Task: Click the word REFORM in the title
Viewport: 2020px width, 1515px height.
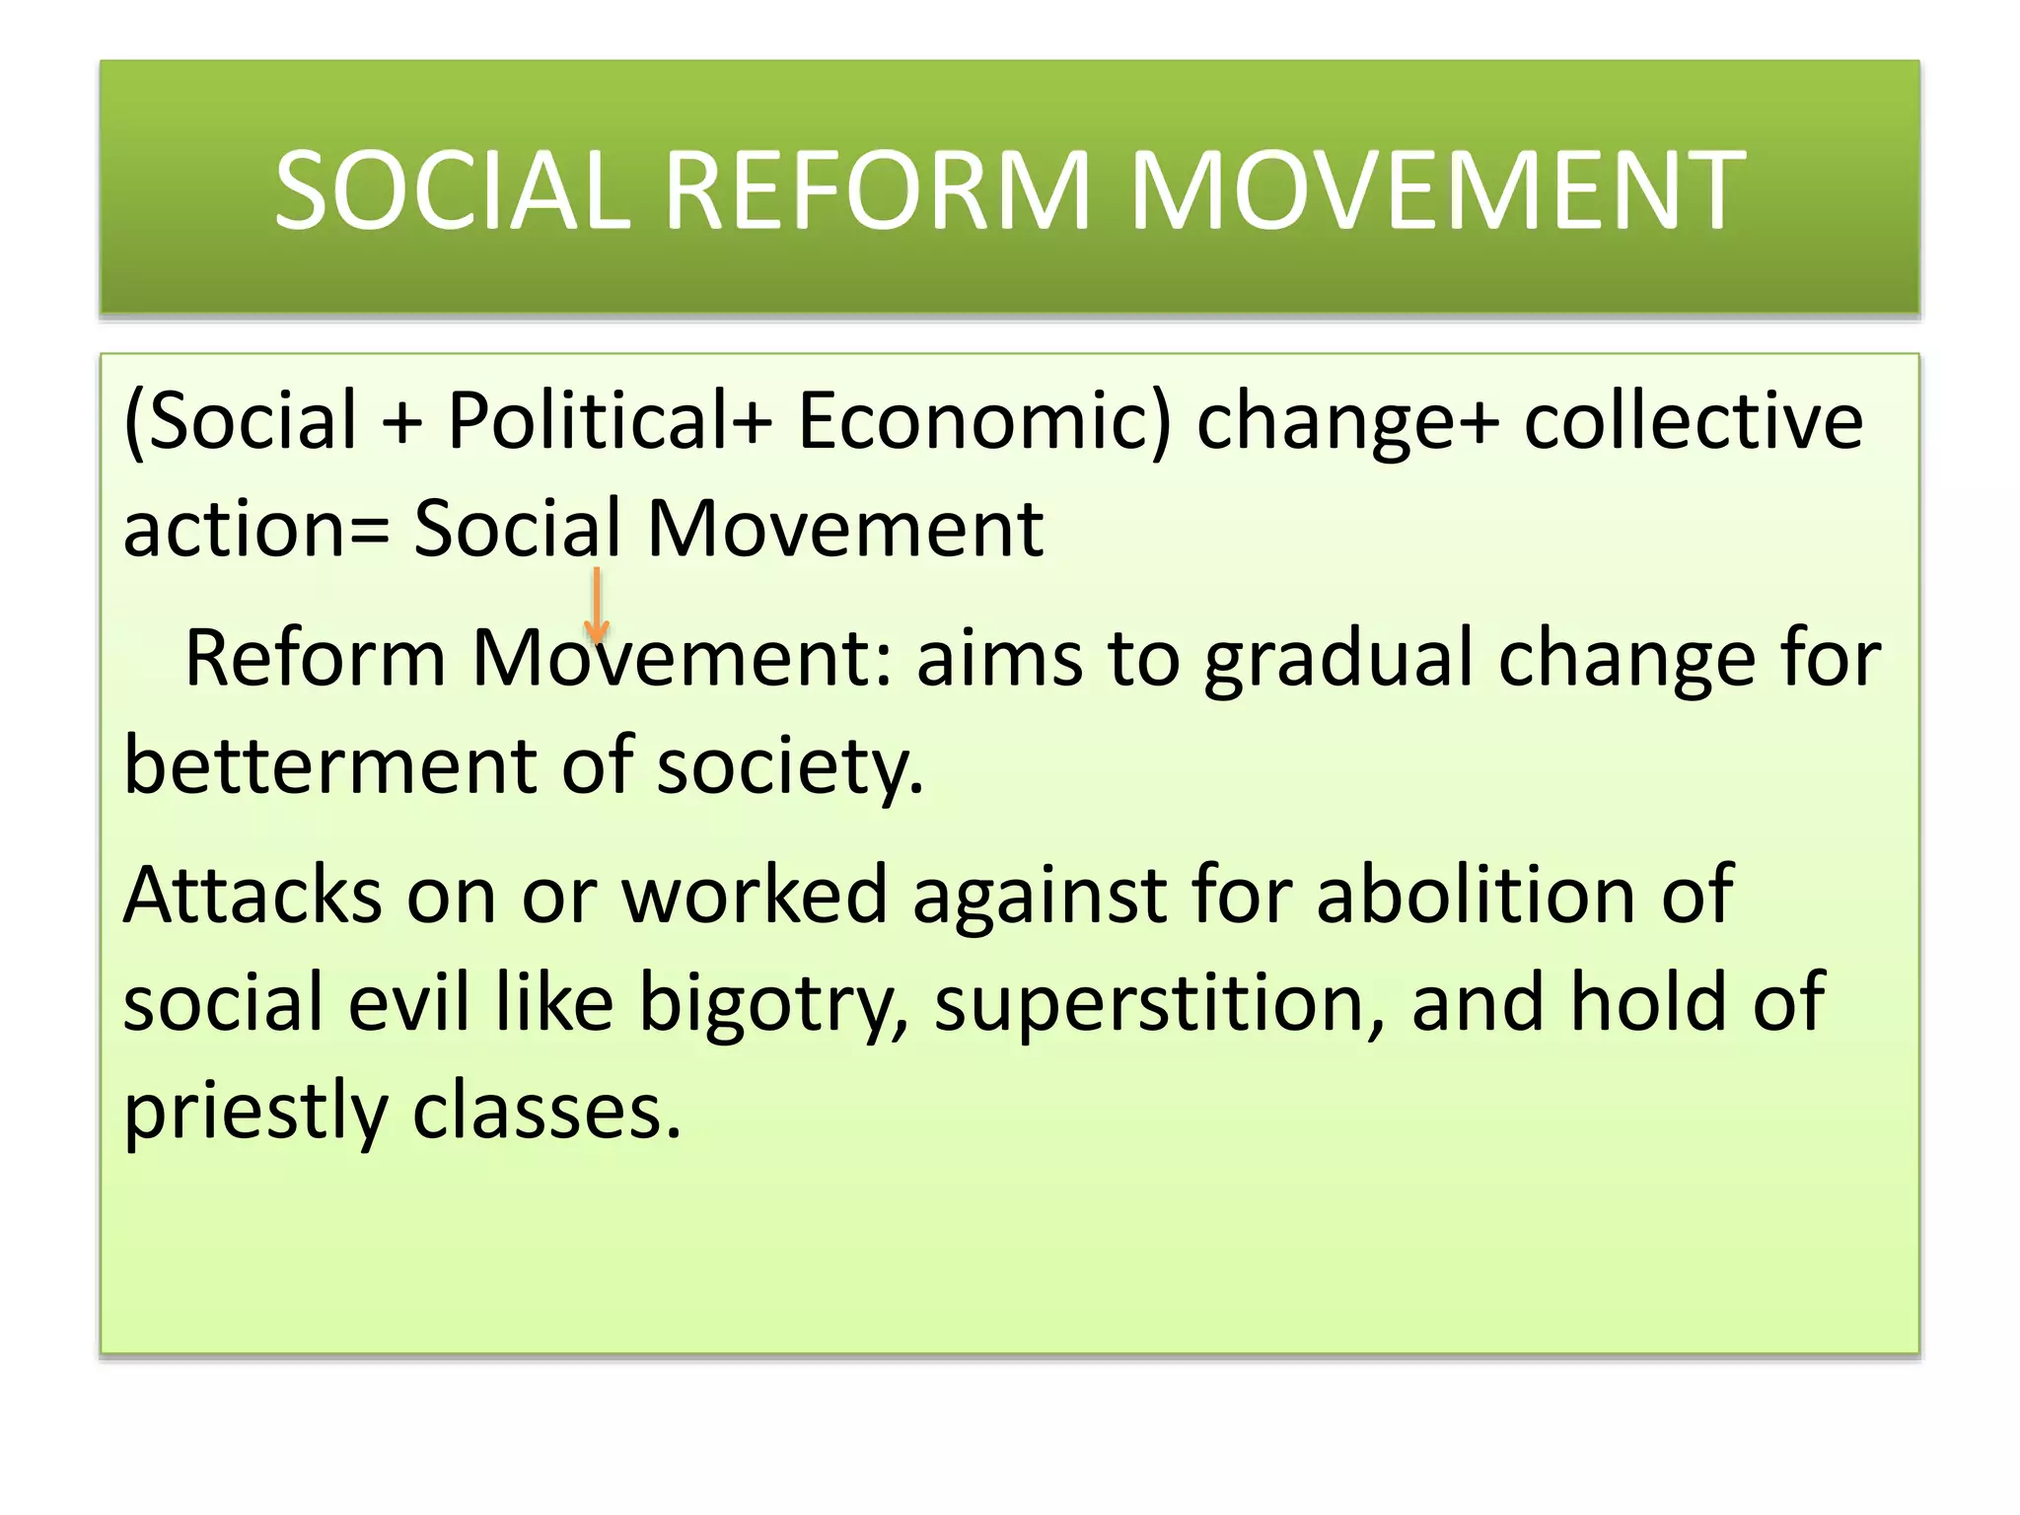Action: [x=878, y=189]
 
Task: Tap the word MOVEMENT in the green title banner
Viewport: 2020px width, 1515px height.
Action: [x=1436, y=189]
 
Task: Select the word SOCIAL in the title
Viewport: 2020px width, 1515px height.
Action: [x=452, y=189]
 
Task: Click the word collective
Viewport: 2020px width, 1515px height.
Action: [x=1693, y=421]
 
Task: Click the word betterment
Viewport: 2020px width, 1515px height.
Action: [x=330, y=765]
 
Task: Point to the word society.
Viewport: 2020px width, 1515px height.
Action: [x=790, y=767]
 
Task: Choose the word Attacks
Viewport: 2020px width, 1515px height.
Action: [x=252, y=895]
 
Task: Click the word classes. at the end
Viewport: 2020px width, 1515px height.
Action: [x=546, y=1111]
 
